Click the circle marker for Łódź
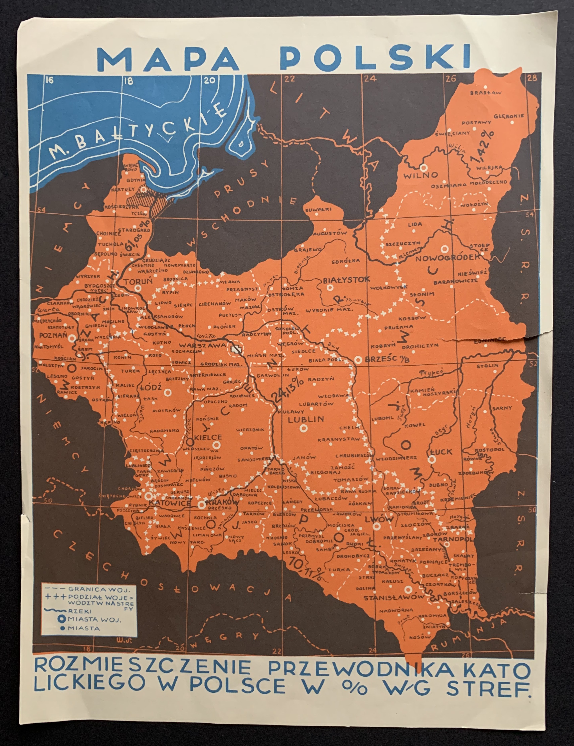[x=167, y=393]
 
